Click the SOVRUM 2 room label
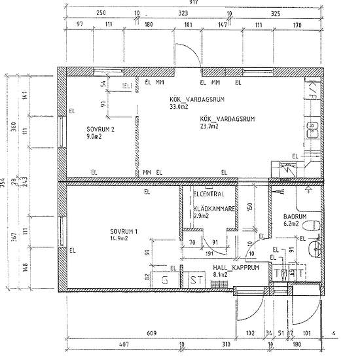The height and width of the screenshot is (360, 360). (100, 130)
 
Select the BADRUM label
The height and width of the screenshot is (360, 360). (291, 216)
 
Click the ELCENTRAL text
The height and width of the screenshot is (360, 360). (209, 194)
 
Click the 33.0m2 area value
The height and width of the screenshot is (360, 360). (179, 106)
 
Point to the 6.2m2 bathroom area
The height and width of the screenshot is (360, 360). (291, 224)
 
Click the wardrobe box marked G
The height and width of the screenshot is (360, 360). (165, 279)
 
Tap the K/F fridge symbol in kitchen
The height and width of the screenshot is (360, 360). (313, 87)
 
